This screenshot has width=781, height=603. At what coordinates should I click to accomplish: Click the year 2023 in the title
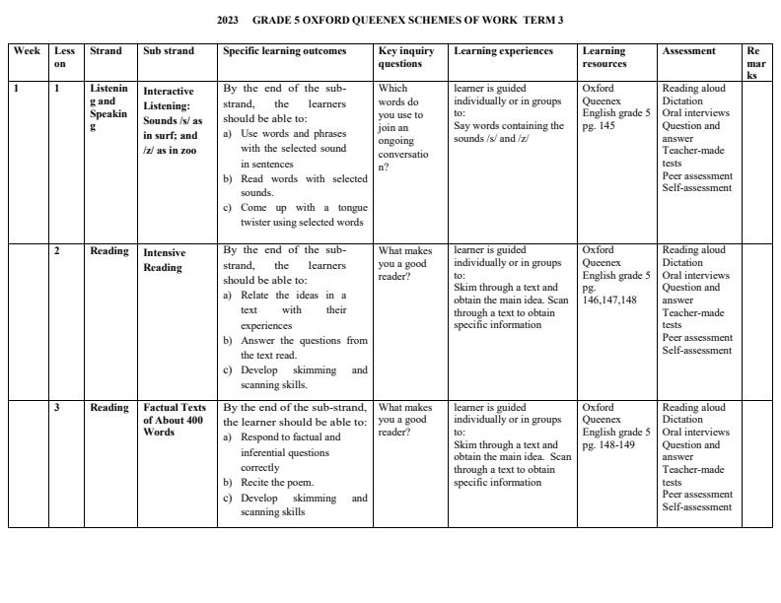(227, 20)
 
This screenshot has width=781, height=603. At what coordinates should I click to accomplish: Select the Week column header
(28, 51)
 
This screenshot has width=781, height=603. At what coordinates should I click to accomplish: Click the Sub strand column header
(169, 51)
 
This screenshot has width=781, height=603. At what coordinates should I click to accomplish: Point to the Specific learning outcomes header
(285, 51)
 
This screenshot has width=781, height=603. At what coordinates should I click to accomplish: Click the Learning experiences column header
(503, 51)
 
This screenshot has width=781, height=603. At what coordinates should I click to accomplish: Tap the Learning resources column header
(604, 57)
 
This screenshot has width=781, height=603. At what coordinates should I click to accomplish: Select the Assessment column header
(689, 51)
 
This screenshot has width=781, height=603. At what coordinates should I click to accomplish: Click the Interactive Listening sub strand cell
(174, 120)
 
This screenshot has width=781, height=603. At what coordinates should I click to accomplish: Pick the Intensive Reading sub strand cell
(165, 260)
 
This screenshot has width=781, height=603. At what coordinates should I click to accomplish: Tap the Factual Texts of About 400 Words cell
(175, 419)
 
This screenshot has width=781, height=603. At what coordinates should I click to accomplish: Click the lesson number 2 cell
(57, 251)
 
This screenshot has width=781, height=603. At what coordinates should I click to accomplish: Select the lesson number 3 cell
(57, 408)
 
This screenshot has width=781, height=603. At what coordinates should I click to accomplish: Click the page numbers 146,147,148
(609, 301)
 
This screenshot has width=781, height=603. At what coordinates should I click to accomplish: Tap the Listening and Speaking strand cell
(108, 107)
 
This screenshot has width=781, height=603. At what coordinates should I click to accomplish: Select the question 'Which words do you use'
(398, 107)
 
